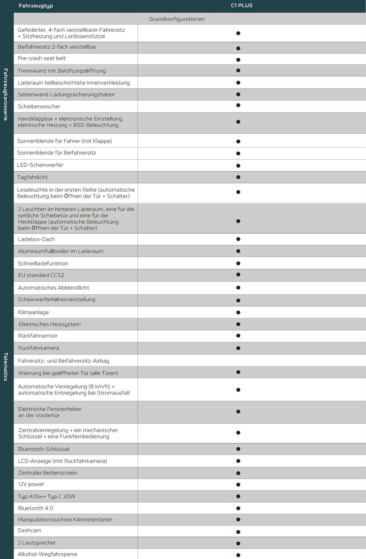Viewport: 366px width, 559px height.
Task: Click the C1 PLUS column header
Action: point(242,5)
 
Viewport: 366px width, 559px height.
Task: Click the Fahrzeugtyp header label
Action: point(36,6)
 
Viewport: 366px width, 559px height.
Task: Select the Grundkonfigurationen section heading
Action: point(177,19)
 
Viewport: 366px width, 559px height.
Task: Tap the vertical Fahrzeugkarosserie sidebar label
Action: point(6,94)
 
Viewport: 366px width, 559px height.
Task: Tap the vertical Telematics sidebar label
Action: point(6,367)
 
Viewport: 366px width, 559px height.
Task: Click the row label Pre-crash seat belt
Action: point(42,58)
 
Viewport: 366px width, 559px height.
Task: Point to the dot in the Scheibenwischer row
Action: point(238,105)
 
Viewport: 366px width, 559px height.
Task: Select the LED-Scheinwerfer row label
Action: point(40,165)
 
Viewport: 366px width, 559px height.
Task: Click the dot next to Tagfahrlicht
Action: point(238,177)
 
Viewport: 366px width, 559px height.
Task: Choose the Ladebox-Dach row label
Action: point(36,239)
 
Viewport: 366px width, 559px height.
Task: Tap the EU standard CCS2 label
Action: point(41,275)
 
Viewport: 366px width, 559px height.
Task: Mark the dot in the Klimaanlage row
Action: point(238,312)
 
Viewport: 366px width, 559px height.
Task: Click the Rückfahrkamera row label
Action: point(39,348)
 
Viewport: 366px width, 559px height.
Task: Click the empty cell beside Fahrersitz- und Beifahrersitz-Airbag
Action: point(238,361)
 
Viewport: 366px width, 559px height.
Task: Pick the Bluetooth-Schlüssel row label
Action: point(44,449)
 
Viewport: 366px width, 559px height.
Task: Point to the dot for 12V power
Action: point(238,484)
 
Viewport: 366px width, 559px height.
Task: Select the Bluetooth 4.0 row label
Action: point(35,508)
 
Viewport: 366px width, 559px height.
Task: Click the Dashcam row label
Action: point(29,530)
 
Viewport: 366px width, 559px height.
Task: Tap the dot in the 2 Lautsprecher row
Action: point(238,543)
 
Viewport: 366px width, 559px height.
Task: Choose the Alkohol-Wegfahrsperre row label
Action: point(47,554)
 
